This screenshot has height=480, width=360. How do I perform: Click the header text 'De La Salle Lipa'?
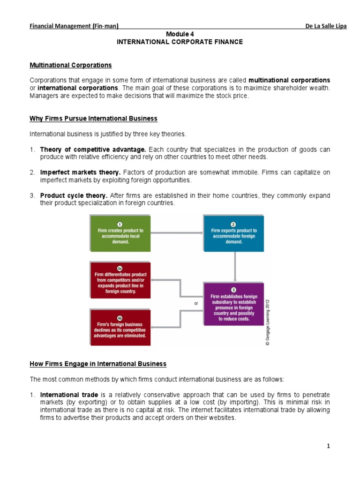tap(326, 26)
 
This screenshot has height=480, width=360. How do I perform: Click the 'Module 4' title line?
tap(180, 34)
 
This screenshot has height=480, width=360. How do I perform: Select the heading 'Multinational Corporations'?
tap(71, 65)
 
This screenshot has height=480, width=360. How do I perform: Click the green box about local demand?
tap(120, 233)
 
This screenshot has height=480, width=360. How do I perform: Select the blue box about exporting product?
tap(233, 233)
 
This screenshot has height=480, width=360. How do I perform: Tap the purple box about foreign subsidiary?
tap(233, 304)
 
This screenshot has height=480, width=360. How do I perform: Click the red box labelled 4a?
tap(120, 280)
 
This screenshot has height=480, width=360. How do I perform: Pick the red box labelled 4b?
tap(120, 327)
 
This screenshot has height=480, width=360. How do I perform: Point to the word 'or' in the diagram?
tap(196, 303)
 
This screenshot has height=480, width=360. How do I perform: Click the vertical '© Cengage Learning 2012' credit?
tap(268, 322)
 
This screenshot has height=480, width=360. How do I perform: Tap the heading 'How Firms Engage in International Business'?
tap(98, 364)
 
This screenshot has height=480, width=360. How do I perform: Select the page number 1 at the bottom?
tap(329, 446)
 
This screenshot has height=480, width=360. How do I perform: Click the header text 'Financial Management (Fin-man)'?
tap(74, 26)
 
